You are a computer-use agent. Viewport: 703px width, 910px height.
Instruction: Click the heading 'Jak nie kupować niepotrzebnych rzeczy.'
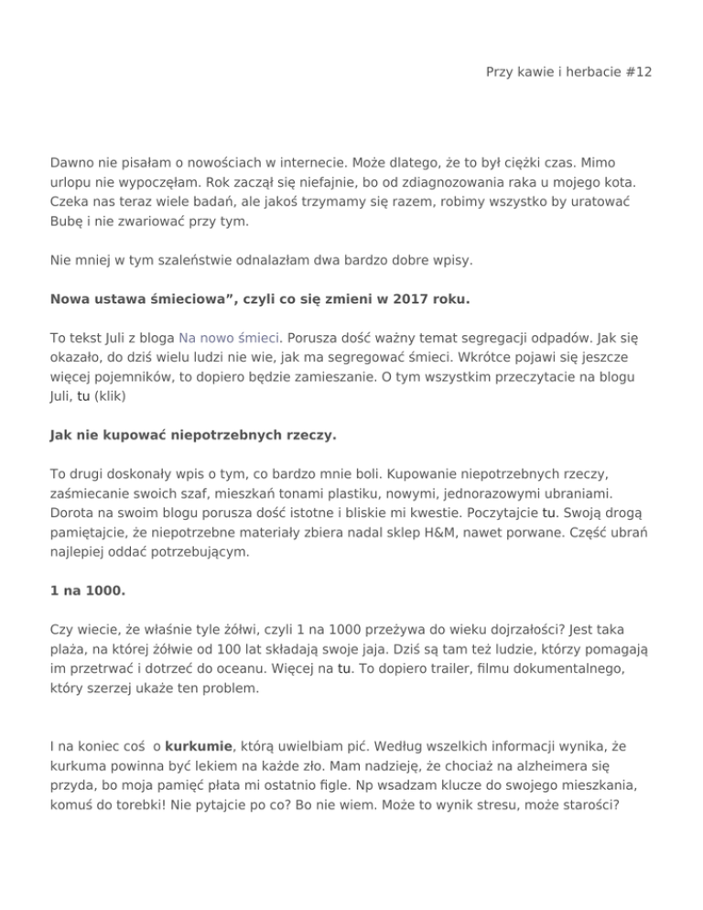pyautogui.click(x=193, y=437)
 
